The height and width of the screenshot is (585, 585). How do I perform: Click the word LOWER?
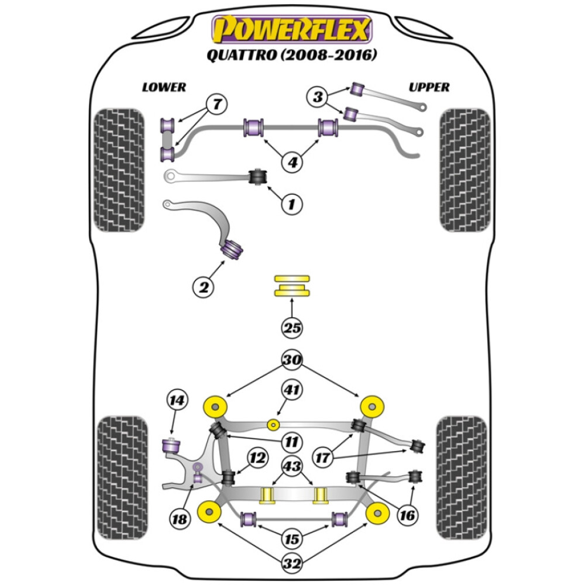pyautogui.click(x=164, y=87)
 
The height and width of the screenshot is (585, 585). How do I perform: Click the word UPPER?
pyautogui.click(x=429, y=87)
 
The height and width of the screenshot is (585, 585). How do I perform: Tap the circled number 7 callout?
pyautogui.click(x=200, y=105)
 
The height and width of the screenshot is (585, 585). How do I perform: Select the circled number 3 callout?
pyautogui.click(x=318, y=97)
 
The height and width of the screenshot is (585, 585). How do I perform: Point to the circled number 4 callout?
pyautogui.click(x=291, y=162)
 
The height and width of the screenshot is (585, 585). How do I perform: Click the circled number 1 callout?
pyautogui.click(x=291, y=204)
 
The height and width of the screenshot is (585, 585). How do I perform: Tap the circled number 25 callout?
pyautogui.click(x=292, y=328)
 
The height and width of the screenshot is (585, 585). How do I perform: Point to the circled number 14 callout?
pyautogui.click(x=175, y=401)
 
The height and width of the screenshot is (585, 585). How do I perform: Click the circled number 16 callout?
pyautogui.click(x=407, y=515)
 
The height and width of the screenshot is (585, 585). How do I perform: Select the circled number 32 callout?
pyautogui.click(x=292, y=565)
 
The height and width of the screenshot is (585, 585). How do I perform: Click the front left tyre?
pyautogui.click(x=119, y=170)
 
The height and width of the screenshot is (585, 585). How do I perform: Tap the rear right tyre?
pyautogui.click(x=463, y=474)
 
